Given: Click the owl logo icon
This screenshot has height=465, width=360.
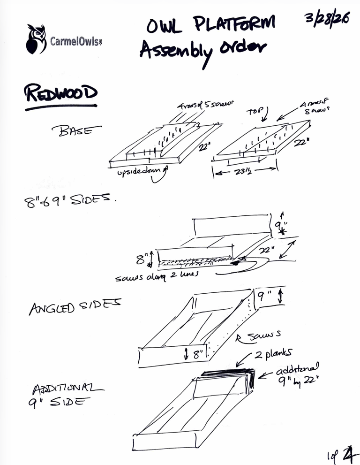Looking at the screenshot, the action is pos(36,39).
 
